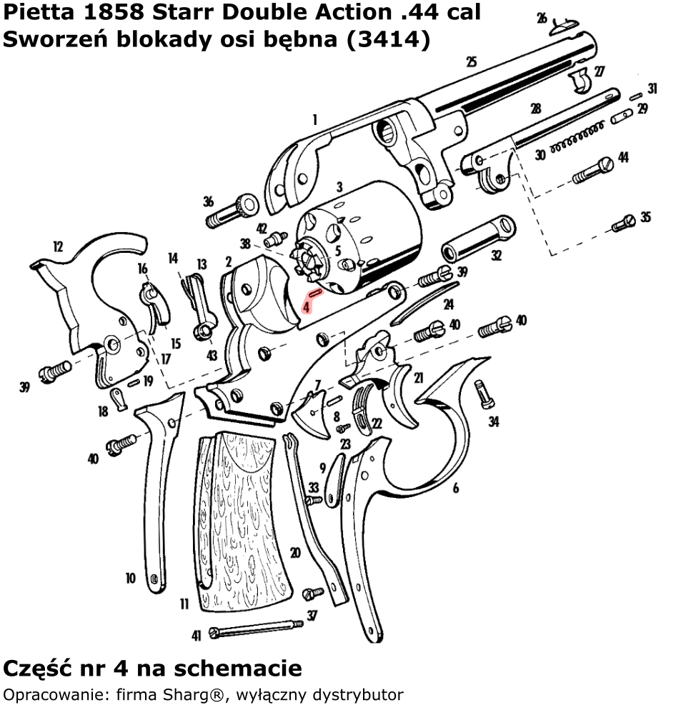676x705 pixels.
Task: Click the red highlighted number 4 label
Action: pos(306,305)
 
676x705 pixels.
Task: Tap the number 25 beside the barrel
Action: pos(471,62)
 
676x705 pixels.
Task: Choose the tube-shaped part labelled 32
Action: pos(477,239)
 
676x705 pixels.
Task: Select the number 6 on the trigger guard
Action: pos(455,489)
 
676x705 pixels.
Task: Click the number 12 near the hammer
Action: pos(57,247)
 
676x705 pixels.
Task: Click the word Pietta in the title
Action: pos(36,12)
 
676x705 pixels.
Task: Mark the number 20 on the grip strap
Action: pos(295,553)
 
